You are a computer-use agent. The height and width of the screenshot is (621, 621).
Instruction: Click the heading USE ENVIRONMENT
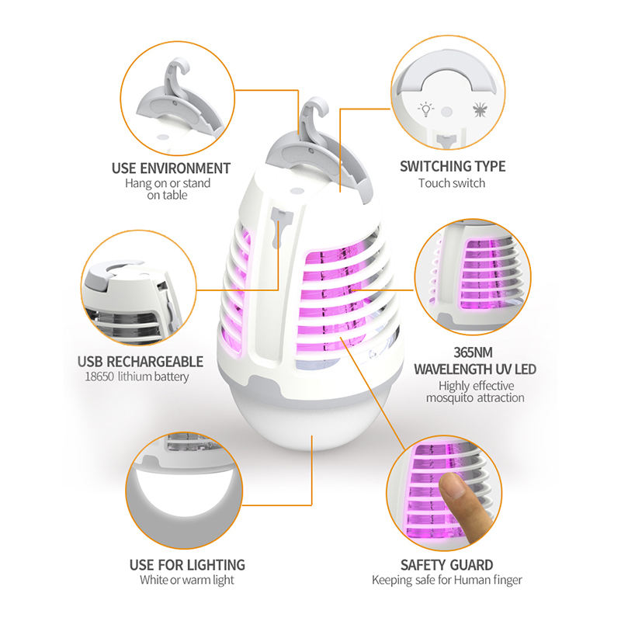click(x=171, y=168)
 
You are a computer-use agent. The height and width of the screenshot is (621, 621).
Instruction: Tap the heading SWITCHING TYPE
click(x=452, y=166)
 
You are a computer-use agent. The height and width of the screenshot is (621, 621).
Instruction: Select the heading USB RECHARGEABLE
click(x=140, y=361)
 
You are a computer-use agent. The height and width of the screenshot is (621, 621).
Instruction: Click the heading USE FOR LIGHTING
click(x=186, y=564)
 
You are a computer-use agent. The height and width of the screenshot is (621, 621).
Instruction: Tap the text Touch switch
click(x=452, y=183)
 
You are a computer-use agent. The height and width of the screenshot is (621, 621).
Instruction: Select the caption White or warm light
click(x=186, y=580)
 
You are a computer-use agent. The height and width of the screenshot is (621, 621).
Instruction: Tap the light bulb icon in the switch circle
click(x=425, y=109)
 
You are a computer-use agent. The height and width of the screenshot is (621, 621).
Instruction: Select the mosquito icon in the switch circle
click(x=478, y=109)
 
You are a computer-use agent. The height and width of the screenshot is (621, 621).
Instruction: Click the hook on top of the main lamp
click(x=314, y=113)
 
